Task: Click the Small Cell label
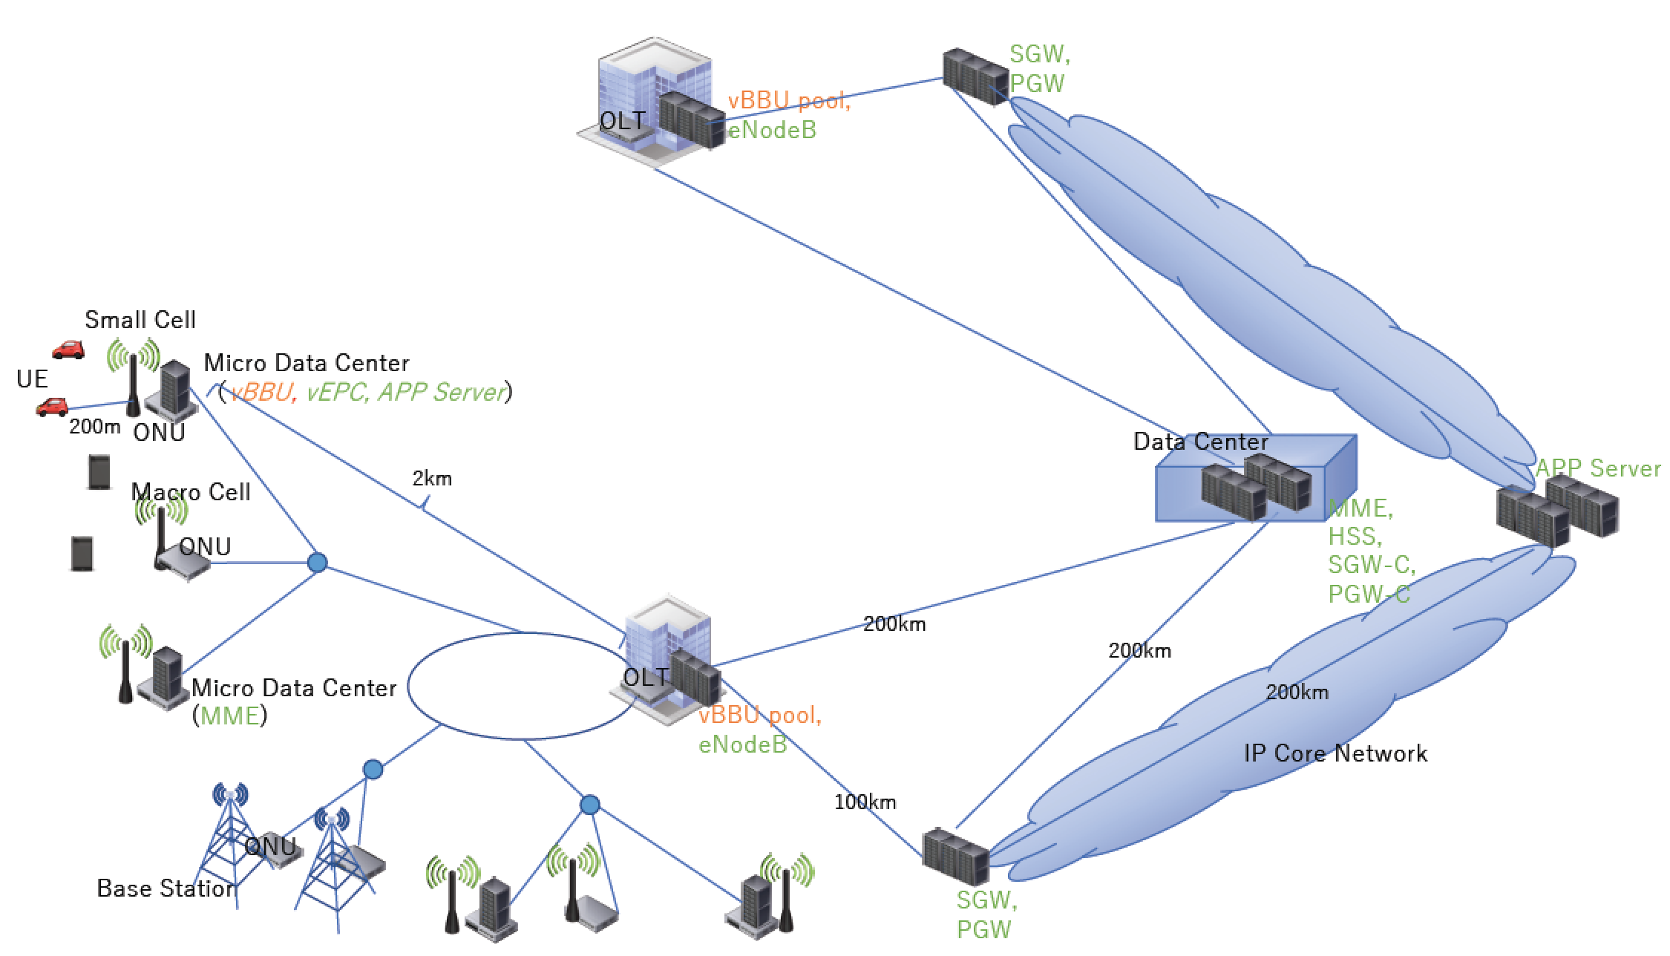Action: [x=140, y=320]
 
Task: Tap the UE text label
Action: [x=32, y=379]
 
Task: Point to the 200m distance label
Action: [x=94, y=427]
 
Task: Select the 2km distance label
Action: [x=432, y=479]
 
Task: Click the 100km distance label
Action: [x=865, y=802]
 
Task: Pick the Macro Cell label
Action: [x=191, y=492]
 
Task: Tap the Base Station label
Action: [x=166, y=888]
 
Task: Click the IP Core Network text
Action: [x=1335, y=754]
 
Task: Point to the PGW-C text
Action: [x=1369, y=595]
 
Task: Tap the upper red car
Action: [x=68, y=350]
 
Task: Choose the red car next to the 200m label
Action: [x=52, y=407]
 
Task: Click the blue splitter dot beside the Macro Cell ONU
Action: [x=317, y=563]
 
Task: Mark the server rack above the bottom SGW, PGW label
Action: [x=954, y=857]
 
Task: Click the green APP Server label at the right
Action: [x=1597, y=468]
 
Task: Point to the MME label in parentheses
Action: [x=230, y=716]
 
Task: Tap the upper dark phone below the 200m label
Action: [x=99, y=472]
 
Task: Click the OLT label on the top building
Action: [x=621, y=121]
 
